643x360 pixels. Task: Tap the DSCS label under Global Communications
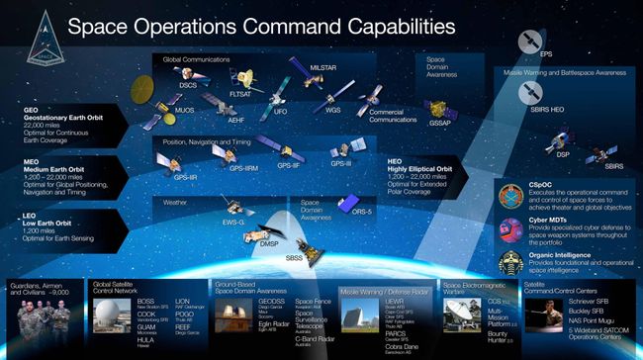coord(189,85)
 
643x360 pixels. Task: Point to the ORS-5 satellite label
coord(362,211)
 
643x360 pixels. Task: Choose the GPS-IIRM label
coord(244,169)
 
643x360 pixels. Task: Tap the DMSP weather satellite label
coord(269,242)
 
